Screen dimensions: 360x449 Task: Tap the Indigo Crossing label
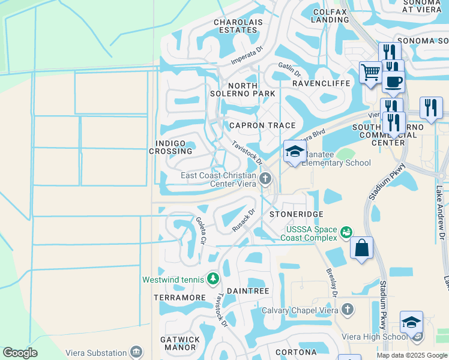point(171,148)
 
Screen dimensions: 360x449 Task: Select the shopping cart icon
point(370,73)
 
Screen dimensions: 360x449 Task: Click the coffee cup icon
point(393,82)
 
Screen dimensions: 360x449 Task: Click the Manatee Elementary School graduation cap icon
point(295,151)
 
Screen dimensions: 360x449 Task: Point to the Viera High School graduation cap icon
point(411,322)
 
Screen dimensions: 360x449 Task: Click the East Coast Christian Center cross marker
point(265,178)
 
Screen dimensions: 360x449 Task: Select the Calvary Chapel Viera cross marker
point(347,310)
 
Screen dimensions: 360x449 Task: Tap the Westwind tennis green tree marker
point(212,279)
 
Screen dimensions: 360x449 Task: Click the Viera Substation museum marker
point(137,352)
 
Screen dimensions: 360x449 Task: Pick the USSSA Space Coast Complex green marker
point(346,232)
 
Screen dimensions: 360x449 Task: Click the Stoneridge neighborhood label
point(296,214)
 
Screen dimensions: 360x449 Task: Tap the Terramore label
point(180,298)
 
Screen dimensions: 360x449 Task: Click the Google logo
point(20,353)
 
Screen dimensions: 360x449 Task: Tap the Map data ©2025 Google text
point(411,355)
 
